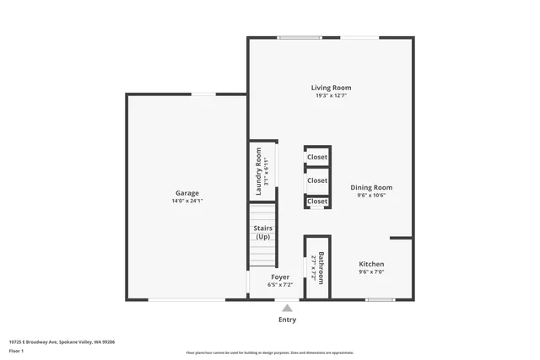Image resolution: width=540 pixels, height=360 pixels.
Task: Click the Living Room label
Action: pyautogui.click(x=331, y=88)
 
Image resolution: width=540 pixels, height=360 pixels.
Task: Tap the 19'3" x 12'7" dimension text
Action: pyautogui.click(x=331, y=96)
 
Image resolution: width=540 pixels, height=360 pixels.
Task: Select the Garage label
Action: pyautogui.click(x=187, y=193)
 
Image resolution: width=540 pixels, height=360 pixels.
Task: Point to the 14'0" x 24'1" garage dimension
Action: pyautogui.click(x=187, y=201)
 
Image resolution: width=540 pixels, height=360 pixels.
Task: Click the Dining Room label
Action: pyautogui.click(x=371, y=187)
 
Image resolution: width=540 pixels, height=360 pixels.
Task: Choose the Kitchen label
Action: pyautogui.click(x=371, y=264)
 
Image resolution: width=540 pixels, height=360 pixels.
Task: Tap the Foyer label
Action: pyautogui.click(x=280, y=277)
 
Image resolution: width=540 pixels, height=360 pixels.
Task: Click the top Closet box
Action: pyautogui.click(x=317, y=158)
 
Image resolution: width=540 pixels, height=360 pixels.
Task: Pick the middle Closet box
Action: pyautogui.click(x=317, y=180)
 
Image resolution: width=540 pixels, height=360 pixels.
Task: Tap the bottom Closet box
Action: pyautogui.click(x=317, y=201)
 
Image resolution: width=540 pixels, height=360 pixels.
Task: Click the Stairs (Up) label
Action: pyautogui.click(x=262, y=232)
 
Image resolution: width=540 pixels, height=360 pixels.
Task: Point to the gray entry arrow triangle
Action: pyautogui.click(x=287, y=309)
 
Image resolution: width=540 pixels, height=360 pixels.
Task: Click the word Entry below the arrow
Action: pyautogui.click(x=287, y=320)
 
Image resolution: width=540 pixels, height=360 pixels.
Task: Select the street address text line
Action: pyautogui.click(x=62, y=341)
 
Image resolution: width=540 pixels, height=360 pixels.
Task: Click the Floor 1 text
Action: pyautogui.click(x=17, y=351)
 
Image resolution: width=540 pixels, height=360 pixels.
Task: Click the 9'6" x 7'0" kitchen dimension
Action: pyautogui.click(x=371, y=272)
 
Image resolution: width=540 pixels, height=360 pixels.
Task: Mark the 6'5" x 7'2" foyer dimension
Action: pyautogui.click(x=280, y=285)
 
